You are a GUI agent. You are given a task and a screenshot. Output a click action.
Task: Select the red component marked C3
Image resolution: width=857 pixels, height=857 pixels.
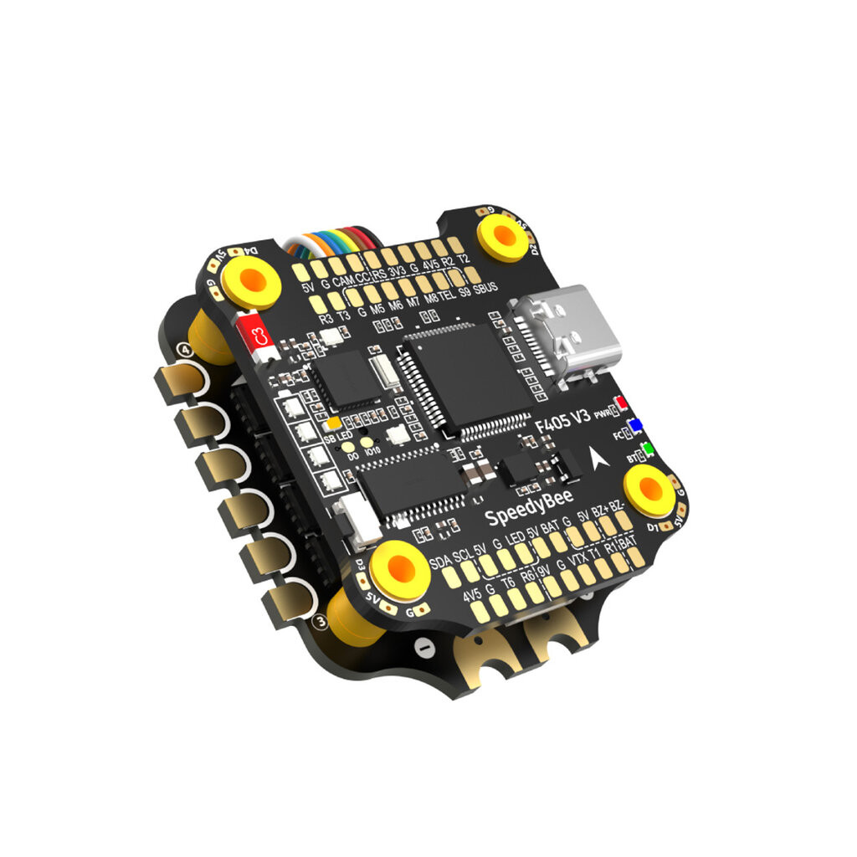(257, 334)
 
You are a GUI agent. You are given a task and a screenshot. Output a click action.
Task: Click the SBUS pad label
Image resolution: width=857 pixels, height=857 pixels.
(485, 287)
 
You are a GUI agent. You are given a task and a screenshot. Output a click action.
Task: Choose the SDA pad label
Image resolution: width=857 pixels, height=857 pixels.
(439, 561)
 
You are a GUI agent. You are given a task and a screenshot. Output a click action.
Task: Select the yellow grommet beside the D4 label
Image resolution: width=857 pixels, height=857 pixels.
(249, 279)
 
